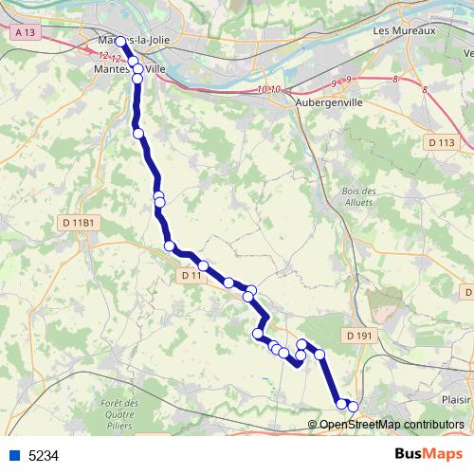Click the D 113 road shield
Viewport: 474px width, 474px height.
point(441,142)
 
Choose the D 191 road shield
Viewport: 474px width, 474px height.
point(359,336)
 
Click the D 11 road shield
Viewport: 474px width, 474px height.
point(191,275)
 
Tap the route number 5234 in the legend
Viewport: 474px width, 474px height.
point(44,455)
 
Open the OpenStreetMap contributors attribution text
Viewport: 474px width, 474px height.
point(391,425)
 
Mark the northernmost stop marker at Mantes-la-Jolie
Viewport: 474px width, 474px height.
point(120,42)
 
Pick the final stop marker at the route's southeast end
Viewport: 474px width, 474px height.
point(354,407)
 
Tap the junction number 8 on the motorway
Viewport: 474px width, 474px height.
point(425,90)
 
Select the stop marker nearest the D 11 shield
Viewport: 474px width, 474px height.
point(203,266)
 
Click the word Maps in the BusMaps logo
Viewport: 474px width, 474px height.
point(442,454)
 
